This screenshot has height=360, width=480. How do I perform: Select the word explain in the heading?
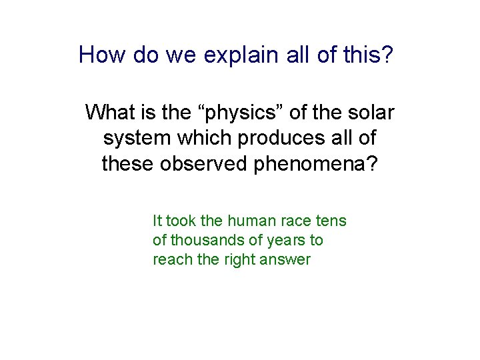tap(234, 55)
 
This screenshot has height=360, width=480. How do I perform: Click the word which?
tap(201, 138)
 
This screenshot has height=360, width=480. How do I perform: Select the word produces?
tap(278, 138)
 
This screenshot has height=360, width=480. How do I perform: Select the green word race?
tap(297, 221)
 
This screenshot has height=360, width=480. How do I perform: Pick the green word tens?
tap(333, 221)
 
